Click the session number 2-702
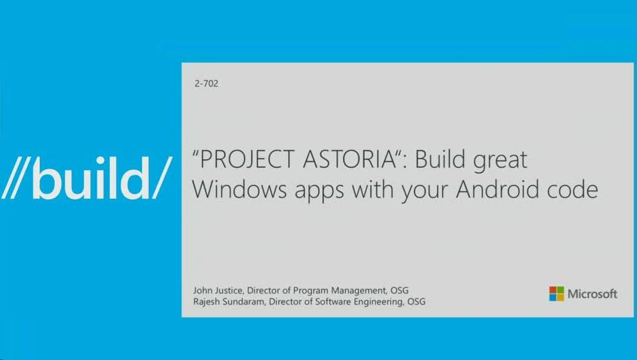tap(206, 84)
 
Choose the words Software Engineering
tap(354, 302)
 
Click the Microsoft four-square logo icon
tap(556, 294)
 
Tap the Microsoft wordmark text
tap(592, 294)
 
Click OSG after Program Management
tap(398, 291)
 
